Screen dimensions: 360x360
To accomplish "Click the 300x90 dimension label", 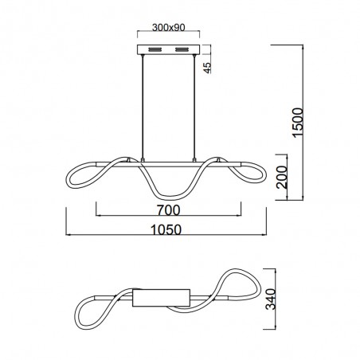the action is click(168, 27).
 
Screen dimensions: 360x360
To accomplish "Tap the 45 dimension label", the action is click(207, 68).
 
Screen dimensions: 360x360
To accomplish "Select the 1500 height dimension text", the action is click(297, 123).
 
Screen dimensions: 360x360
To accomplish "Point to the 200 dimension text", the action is click(282, 177).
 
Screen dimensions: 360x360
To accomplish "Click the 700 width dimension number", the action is click(168, 210).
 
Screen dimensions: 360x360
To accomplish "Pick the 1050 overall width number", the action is click(166, 229).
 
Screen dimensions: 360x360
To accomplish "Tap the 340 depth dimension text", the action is click(271, 299).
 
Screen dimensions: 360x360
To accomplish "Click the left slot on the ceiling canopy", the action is click(155, 49).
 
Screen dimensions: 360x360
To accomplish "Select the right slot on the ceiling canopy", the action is click(182, 49).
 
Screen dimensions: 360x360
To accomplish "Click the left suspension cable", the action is click(143, 107).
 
